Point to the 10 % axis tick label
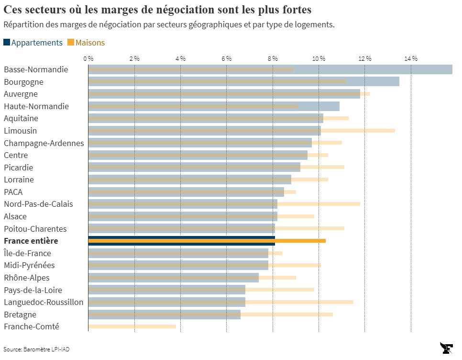(x=319, y=58)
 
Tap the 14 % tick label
(x=411, y=58)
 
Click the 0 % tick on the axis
(x=88, y=58)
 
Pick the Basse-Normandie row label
(x=36, y=69)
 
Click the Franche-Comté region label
(x=32, y=326)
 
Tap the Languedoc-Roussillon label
(x=44, y=302)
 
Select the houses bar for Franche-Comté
(x=132, y=326)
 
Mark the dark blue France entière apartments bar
(x=182, y=237)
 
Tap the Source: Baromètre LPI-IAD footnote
(x=33, y=349)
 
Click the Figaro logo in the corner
(x=447, y=348)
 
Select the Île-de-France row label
(x=27, y=253)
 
